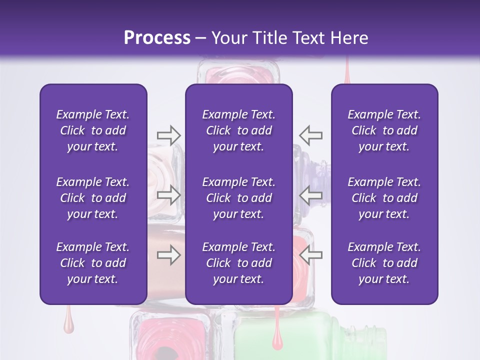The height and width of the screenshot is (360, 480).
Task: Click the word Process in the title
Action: pyautogui.click(x=157, y=37)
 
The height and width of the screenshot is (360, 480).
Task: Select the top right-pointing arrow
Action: pyautogui.click(x=168, y=134)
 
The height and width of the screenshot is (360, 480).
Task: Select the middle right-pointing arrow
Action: pyautogui.click(x=168, y=195)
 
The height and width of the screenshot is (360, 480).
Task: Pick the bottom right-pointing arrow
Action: pyautogui.click(x=168, y=255)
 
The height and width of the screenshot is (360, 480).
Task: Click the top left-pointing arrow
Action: pyautogui.click(x=311, y=134)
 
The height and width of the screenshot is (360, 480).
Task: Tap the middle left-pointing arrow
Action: pyautogui.click(x=311, y=195)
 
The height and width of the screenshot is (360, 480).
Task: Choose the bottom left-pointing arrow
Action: pyautogui.click(x=311, y=255)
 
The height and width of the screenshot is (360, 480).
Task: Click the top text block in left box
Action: pyautogui.click(x=93, y=130)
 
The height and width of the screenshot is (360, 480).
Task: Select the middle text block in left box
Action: pyautogui.click(x=93, y=198)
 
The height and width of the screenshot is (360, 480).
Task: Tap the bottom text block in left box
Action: pyautogui.click(x=93, y=263)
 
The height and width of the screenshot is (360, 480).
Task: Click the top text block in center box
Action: pyautogui.click(x=238, y=130)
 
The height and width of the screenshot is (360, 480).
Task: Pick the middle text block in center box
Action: pyautogui.click(x=238, y=198)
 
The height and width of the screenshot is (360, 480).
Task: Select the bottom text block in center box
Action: pyautogui.click(x=238, y=263)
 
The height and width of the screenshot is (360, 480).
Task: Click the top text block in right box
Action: pyautogui.click(x=384, y=130)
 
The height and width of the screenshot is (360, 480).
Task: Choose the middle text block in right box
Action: pyautogui.click(x=384, y=198)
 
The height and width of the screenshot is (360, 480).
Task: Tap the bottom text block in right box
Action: pyautogui.click(x=384, y=263)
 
